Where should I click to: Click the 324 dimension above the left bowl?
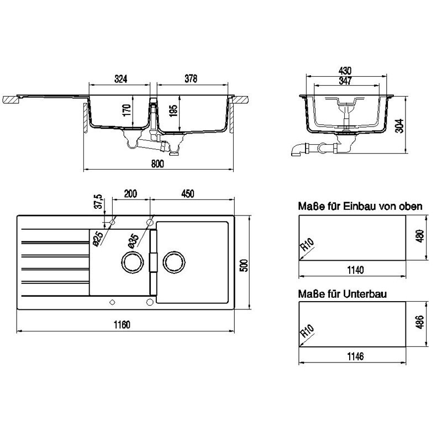pyautogui.click(x=120, y=79)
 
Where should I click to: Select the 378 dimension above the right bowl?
pyautogui.click(x=191, y=78)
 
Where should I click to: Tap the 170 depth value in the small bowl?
pyautogui.click(x=127, y=110)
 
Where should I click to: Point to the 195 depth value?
pyautogui.click(x=173, y=110)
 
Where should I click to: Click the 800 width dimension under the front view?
pyautogui.click(x=157, y=164)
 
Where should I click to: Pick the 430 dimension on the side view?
pyautogui.click(x=345, y=71)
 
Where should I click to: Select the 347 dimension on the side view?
pyautogui.click(x=345, y=81)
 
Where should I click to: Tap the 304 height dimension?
pyautogui.click(x=399, y=126)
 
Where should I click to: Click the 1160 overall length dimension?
pyautogui.click(x=122, y=325)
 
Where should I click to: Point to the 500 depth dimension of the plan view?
pyautogui.click(x=244, y=265)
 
